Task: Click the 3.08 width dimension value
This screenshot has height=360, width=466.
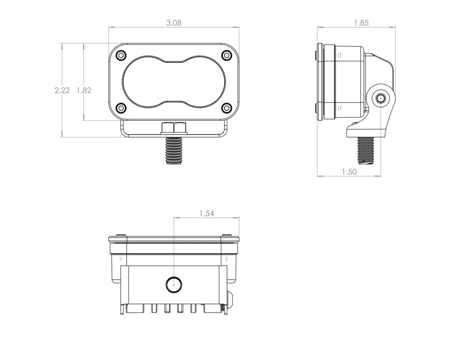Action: click(x=174, y=22)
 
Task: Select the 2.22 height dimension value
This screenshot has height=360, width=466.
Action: click(x=62, y=90)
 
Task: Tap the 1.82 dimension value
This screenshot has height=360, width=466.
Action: click(x=84, y=90)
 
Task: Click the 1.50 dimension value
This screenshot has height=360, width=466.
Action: click(x=349, y=172)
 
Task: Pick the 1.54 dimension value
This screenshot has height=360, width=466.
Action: click(x=206, y=214)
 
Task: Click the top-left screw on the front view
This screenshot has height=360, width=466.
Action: click(x=121, y=55)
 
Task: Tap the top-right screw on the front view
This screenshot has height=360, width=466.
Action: click(x=226, y=55)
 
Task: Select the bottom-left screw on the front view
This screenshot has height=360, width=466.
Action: click(x=121, y=108)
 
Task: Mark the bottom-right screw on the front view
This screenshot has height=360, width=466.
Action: click(x=226, y=108)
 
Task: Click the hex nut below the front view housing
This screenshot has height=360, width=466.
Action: click(x=174, y=128)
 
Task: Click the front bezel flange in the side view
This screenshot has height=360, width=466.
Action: click(x=320, y=82)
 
